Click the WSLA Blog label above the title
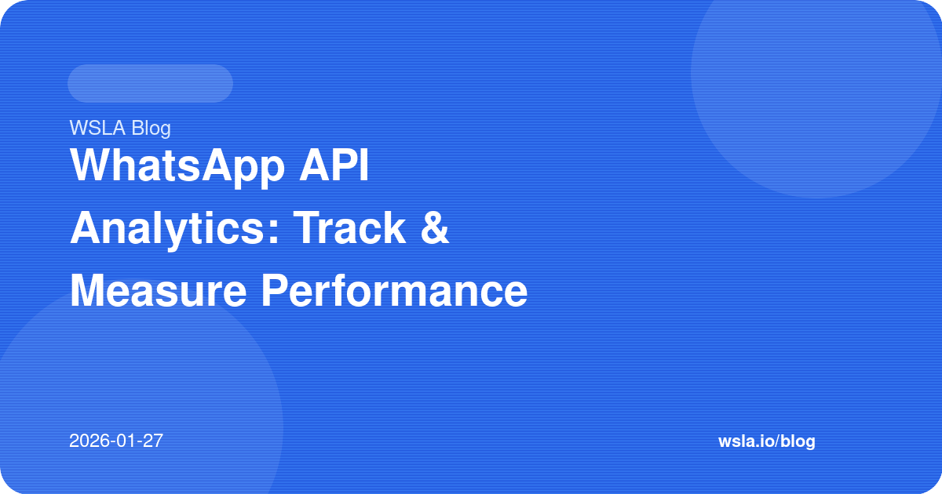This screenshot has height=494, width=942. pos(120,127)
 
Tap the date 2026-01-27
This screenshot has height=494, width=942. pos(116,441)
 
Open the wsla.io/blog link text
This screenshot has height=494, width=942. pos(766,441)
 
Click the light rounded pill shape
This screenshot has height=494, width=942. pos(150,83)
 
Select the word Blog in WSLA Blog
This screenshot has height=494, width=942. pos(152,127)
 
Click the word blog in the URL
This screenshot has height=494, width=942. pos(798,441)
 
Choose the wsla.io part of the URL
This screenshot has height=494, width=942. pos(746,441)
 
